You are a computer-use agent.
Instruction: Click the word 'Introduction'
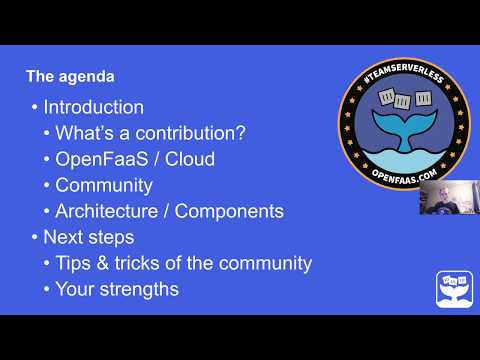click(93, 107)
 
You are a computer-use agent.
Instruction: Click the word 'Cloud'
click(191, 159)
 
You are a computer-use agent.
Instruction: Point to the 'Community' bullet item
click(103, 185)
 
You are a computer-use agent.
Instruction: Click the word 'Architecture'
click(108, 211)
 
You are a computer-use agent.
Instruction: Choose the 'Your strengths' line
click(116, 289)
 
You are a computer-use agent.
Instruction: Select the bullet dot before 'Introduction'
click(35, 108)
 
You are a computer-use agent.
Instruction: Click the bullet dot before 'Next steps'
click(35, 238)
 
